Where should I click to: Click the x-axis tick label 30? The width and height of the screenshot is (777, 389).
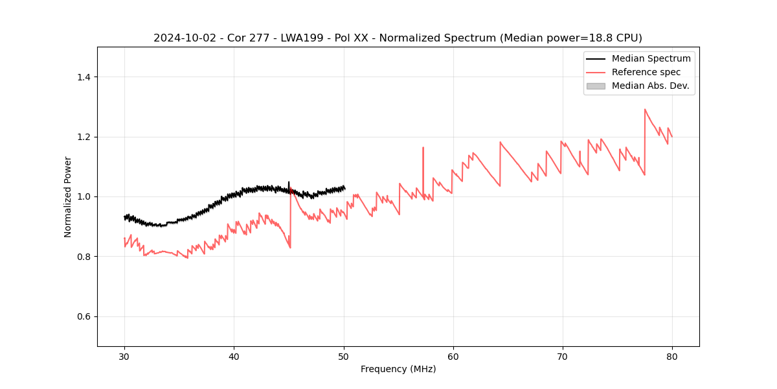tap(124, 356)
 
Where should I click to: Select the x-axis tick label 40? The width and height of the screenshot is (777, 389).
tap(234, 356)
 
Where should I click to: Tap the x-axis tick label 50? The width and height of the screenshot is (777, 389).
tap(344, 356)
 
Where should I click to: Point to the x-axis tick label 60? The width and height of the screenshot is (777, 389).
tap(453, 356)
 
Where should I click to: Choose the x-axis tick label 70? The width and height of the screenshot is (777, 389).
tap(563, 356)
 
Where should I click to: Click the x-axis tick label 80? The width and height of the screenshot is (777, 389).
tap(672, 356)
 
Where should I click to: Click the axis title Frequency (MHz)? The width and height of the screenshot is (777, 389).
tap(398, 369)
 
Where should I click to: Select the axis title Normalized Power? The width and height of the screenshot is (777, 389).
tap(68, 196)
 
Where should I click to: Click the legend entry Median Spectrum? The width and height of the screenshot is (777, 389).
tap(651, 58)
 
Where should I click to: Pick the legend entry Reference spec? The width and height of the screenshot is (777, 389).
tap(646, 72)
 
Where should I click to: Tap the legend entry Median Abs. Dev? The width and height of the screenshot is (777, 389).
tap(650, 86)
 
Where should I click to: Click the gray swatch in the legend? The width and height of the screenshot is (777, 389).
tap(596, 86)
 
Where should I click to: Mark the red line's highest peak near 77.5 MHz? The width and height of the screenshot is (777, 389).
tap(645, 109)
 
